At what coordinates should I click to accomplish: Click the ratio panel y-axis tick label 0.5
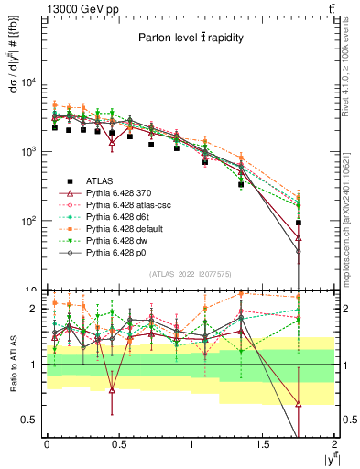[29, 420]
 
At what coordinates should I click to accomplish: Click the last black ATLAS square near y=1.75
[299, 223]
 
